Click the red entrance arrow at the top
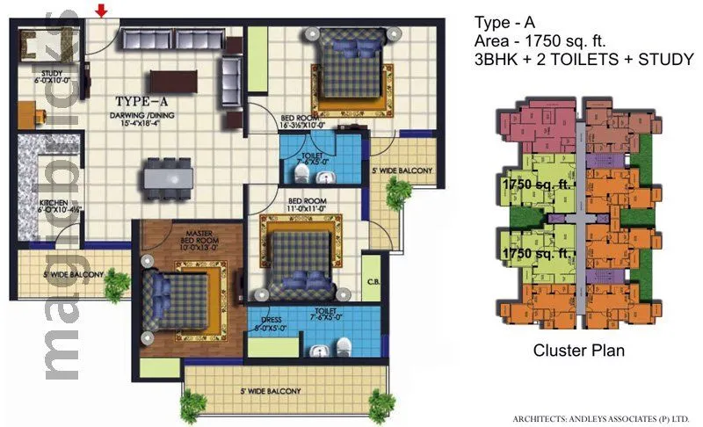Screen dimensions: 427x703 102,11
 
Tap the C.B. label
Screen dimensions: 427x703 373,282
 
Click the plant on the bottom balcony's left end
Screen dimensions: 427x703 192,405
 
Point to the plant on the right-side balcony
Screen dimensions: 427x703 398,191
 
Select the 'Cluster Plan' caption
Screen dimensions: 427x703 579,351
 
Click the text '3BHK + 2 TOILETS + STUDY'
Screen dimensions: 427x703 583,60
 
